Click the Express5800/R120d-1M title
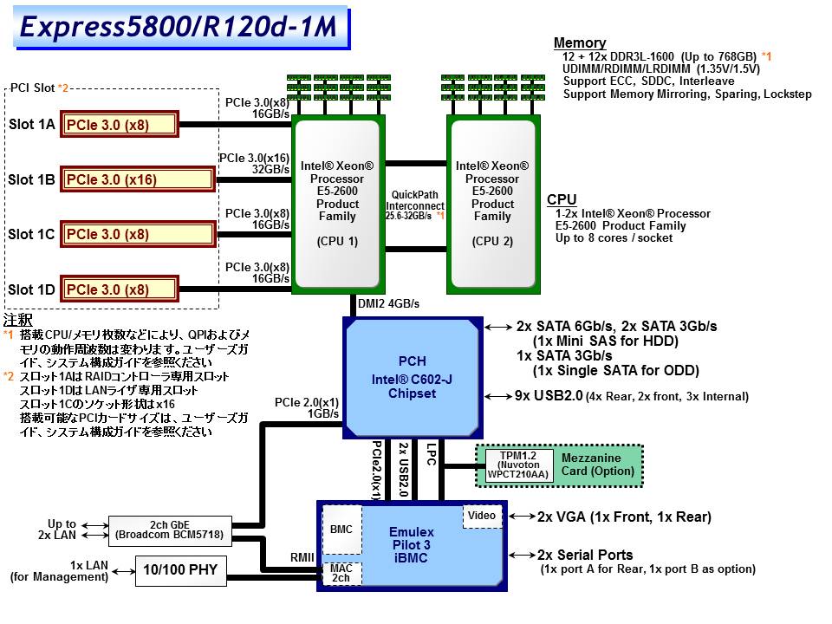[x=179, y=27]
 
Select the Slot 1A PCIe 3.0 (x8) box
[x=120, y=124]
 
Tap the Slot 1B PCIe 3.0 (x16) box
[x=138, y=179]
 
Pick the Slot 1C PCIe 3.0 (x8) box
[x=138, y=234]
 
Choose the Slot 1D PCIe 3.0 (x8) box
[x=120, y=289]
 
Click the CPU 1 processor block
[x=337, y=205]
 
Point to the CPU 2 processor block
[x=493, y=205]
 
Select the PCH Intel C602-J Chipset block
[x=413, y=378]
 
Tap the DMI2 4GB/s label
[x=388, y=303]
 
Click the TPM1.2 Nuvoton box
[x=518, y=465]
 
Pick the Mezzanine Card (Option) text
[x=597, y=465]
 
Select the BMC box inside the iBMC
[x=341, y=530]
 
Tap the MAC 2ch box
[x=341, y=574]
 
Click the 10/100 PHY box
[x=180, y=570]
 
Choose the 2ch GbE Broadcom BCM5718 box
[x=170, y=530]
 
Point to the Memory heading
[x=580, y=43]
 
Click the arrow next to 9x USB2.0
[x=498, y=396]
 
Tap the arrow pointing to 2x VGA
[x=522, y=516]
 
